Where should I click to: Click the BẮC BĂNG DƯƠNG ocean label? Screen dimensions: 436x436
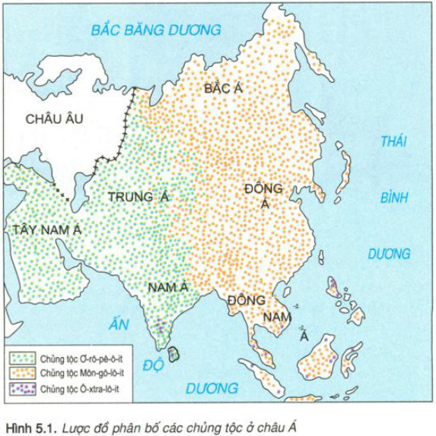click(x=155, y=30)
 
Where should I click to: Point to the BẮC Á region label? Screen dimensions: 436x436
click(x=223, y=90)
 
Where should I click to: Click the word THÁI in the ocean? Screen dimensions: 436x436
click(x=394, y=142)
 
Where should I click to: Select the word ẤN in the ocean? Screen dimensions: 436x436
click(x=116, y=324)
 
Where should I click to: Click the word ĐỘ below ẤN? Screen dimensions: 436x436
click(x=153, y=364)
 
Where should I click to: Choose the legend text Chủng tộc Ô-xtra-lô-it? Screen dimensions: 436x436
click(x=78, y=390)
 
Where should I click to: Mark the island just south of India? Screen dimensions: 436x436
click(x=175, y=353)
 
